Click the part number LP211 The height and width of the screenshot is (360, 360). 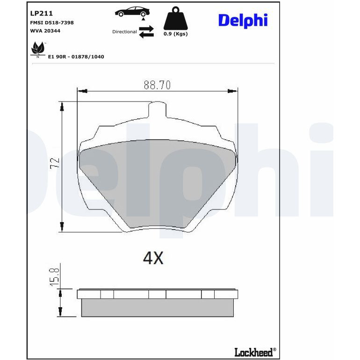tap(41, 13)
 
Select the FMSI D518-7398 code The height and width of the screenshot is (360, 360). tap(52, 22)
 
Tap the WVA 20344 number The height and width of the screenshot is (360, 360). tap(45, 31)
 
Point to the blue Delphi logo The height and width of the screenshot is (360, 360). tap(243, 21)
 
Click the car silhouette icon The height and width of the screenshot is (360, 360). tap(132, 12)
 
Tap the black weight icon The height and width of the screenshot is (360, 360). tap(176, 18)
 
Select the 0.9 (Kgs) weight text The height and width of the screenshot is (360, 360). tap(176, 34)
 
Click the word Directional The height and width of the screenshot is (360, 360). tap(124, 32)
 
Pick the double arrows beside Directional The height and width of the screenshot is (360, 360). tap(146, 32)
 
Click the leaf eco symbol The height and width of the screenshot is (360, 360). tap(38, 49)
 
